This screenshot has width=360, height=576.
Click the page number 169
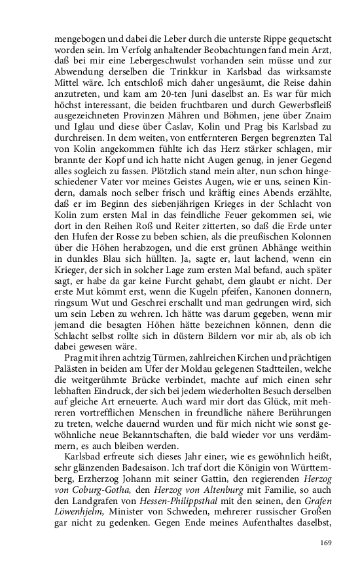[x=327, y=541]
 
